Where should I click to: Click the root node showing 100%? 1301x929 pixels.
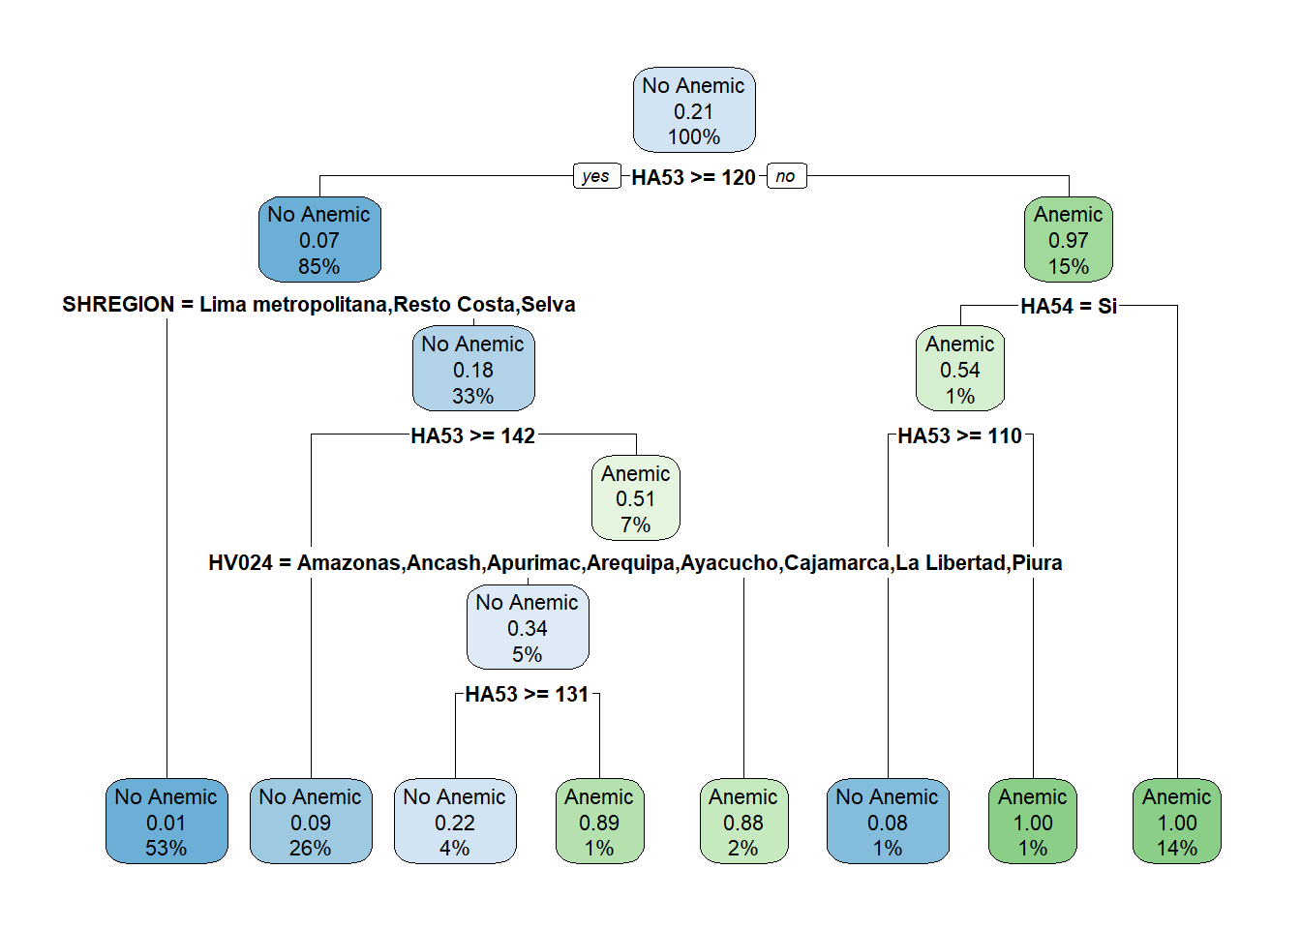coord(693,110)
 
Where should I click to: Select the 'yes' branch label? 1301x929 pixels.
coord(595,176)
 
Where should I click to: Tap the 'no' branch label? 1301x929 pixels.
coord(785,176)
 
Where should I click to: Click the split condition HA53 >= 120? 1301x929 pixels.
coord(693,177)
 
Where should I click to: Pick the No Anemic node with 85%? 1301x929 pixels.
coord(318,240)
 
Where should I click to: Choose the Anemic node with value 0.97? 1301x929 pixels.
coord(1068,240)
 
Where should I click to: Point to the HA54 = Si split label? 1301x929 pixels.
coord(1068,306)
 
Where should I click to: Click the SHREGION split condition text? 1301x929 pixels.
coord(318,305)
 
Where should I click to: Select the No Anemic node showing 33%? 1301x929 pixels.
coord(472,370)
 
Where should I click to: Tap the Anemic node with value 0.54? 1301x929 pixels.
coord(959,370)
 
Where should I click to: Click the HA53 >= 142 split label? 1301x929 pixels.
coord(472,435)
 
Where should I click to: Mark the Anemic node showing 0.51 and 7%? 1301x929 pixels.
coord(635,498)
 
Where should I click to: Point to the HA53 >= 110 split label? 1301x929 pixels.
coord(959,435)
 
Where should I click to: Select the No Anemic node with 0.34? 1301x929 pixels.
coord(527,628)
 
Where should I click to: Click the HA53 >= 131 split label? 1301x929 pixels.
coord(527,694)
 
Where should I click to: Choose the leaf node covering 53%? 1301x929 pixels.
coord(166,822)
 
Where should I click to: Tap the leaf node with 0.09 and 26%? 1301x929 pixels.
coord(310,822)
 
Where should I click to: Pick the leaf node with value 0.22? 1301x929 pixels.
coord(454,822)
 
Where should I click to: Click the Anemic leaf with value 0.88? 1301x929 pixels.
coord(742,822)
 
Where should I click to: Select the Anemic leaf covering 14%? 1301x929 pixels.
coord(1176,822)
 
